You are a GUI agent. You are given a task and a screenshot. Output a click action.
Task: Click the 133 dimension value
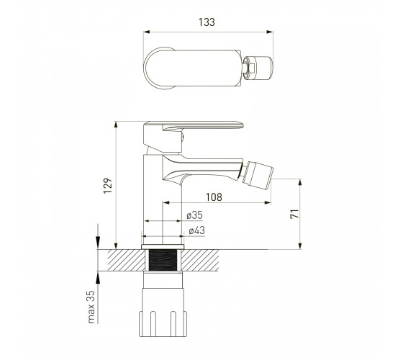click(x=207, y=22)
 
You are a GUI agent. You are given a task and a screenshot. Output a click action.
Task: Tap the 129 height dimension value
click(x=108, y=186)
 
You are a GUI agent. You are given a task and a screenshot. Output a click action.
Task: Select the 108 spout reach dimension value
click(x=214, y=197)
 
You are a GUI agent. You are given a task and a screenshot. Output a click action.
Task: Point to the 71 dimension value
click(x=294, y=214)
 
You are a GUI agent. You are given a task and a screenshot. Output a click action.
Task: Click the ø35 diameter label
click(x=194, y=215)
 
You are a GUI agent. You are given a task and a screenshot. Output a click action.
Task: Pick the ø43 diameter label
click(x=197, y=230)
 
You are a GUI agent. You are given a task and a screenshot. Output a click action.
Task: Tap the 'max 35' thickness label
click(x=91, y=307)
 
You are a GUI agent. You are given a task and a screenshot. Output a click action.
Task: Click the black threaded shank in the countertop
click(x=163, y=260)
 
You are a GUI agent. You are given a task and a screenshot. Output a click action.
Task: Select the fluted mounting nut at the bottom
click(x=163, y=323)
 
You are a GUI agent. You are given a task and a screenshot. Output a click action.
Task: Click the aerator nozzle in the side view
click(x=257, y=174)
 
